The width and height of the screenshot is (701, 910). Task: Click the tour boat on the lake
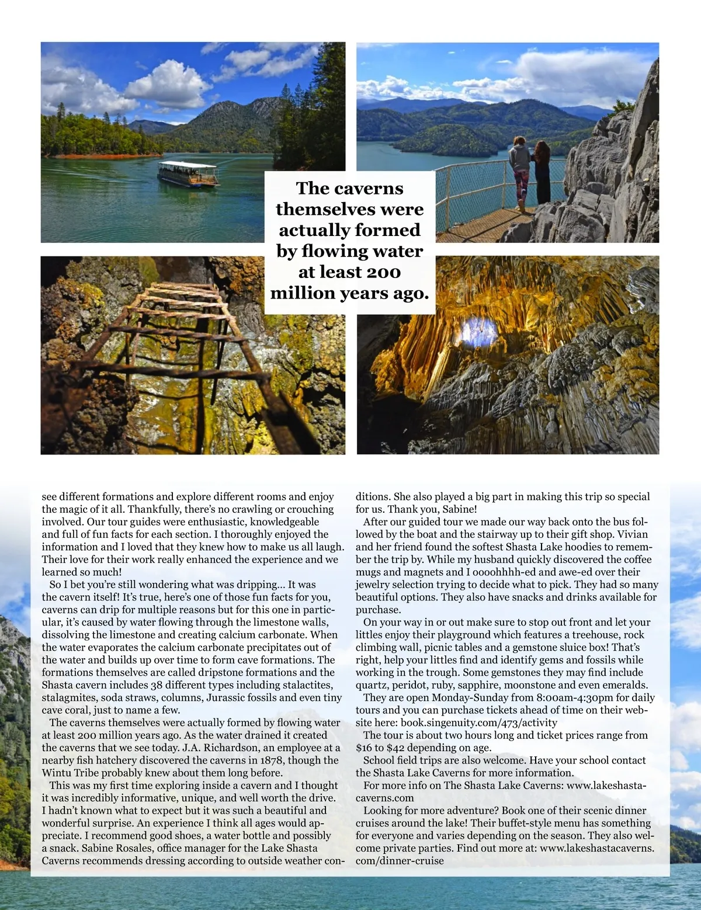pos(188,173)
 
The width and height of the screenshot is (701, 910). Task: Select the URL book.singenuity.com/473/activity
pos(478,723)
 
